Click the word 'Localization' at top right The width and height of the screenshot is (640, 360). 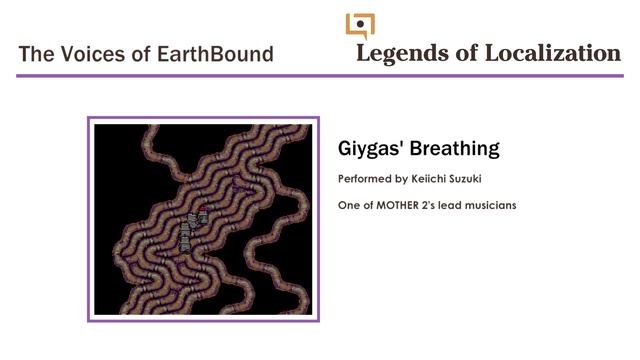(552, 53)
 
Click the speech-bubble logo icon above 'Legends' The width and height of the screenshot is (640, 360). (360, 24)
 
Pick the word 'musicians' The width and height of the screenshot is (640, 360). (488, 205)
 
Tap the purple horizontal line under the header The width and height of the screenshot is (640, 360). (320, 75)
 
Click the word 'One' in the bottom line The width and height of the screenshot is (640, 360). (350, 205)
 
